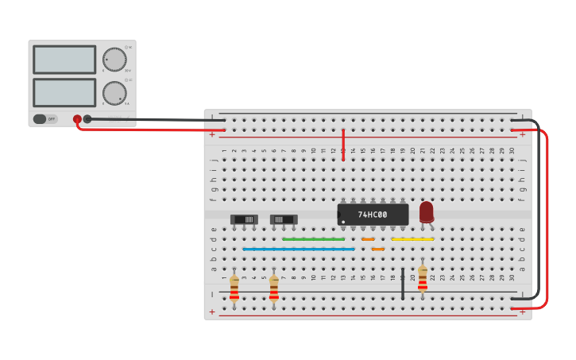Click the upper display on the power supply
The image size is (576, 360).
64,60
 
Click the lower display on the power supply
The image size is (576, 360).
64,92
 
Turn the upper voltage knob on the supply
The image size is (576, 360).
114,60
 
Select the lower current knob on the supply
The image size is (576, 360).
114,93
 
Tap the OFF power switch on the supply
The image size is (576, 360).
45,119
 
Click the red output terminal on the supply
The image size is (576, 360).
77,119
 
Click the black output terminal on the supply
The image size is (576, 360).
87,119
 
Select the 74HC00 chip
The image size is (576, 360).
373,215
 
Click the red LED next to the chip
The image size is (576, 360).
427,211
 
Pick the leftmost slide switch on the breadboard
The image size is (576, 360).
244,219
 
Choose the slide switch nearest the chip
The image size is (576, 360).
284,219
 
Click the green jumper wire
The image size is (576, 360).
313,239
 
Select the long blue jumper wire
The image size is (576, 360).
298,249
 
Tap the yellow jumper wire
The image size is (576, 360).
412,239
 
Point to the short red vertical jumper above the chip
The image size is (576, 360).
343,145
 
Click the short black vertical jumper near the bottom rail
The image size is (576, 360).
403,284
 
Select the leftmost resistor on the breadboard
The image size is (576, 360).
234,288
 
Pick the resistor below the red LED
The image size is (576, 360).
423,279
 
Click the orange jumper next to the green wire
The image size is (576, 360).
368,239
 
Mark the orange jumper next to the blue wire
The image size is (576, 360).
378,249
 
